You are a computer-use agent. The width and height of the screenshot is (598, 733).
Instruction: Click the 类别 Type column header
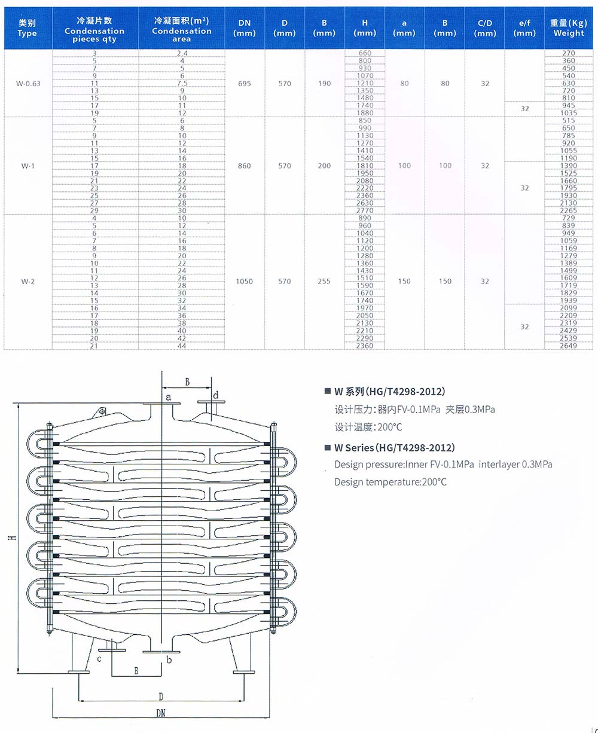(x=28, y=28)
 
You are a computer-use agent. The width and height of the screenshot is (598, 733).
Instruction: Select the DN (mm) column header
(x=245, y=28)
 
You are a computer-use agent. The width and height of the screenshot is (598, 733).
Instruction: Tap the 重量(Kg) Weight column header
(x=568, y=28)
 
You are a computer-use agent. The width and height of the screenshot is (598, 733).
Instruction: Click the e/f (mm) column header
(x=524, y=28)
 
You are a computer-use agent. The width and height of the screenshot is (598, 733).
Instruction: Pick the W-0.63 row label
(x=28, y=84)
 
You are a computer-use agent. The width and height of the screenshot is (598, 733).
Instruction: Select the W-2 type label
(x=28, y=281)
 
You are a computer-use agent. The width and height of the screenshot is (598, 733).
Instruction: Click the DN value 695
(x=245, y=84)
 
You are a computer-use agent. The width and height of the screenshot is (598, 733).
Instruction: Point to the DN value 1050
(x=245, y=281)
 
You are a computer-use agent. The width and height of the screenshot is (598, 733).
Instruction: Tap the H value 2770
(x=365, y=210)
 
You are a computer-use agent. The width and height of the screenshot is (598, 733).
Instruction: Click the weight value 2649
(x=568, y=346)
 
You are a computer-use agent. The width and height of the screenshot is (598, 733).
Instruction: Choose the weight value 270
(x=568, y=53)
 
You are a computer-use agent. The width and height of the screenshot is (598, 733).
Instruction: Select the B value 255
(x=324, y=281)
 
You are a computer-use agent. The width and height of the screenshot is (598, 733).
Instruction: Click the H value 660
(x=365, y=53)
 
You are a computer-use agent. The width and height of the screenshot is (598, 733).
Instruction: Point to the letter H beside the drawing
(x=11, y=539)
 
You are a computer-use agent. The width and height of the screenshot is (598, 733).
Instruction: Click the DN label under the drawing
(x=161, y=713)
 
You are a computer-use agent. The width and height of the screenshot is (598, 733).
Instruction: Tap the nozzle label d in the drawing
(x=216, y=395)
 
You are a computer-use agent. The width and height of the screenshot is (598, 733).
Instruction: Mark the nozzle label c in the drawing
(x=99, y=659)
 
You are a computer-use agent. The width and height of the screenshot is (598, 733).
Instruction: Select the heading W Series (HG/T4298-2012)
(x=394, y=447)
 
